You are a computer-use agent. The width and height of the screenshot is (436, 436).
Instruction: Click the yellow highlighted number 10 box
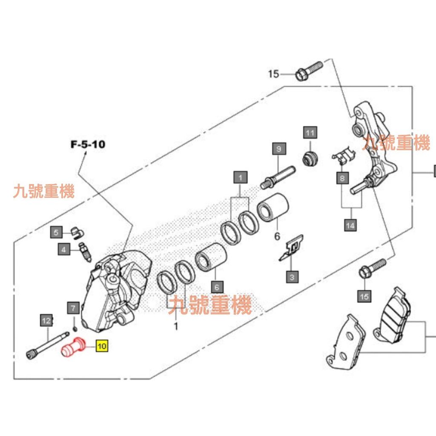pos(102,346)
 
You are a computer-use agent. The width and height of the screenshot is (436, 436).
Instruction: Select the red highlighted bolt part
pos(72,347)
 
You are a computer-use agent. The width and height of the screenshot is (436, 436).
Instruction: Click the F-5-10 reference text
pos(87,144)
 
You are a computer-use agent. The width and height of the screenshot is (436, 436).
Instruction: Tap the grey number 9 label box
pos(279,149)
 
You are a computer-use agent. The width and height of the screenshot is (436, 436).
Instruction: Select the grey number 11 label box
pos(310,133)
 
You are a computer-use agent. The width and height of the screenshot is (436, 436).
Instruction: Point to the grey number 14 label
pos(350,225)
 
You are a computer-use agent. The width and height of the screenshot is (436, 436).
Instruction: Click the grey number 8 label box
pos(342,178)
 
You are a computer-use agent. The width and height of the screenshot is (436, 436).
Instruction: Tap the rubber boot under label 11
pos(310,158)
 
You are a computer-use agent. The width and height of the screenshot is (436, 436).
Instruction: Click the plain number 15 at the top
pos(273,75)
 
